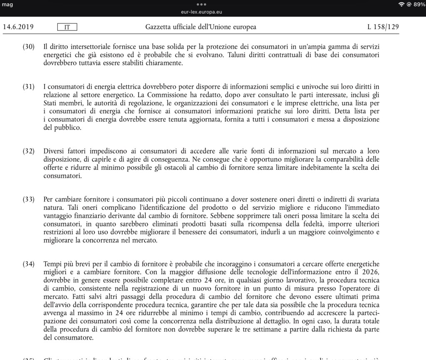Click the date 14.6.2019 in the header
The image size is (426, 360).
18,27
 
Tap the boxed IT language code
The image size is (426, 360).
67,27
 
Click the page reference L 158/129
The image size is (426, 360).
383,27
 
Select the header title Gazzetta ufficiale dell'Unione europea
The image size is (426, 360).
201,27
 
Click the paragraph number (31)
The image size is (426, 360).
28,87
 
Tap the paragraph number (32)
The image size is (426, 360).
28,151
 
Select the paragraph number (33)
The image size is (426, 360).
28,199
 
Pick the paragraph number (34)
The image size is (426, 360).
28,264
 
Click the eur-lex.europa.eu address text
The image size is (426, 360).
213,12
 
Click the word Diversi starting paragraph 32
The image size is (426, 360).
54,151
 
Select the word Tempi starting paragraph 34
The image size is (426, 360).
52,264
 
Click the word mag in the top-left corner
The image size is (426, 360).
7,5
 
